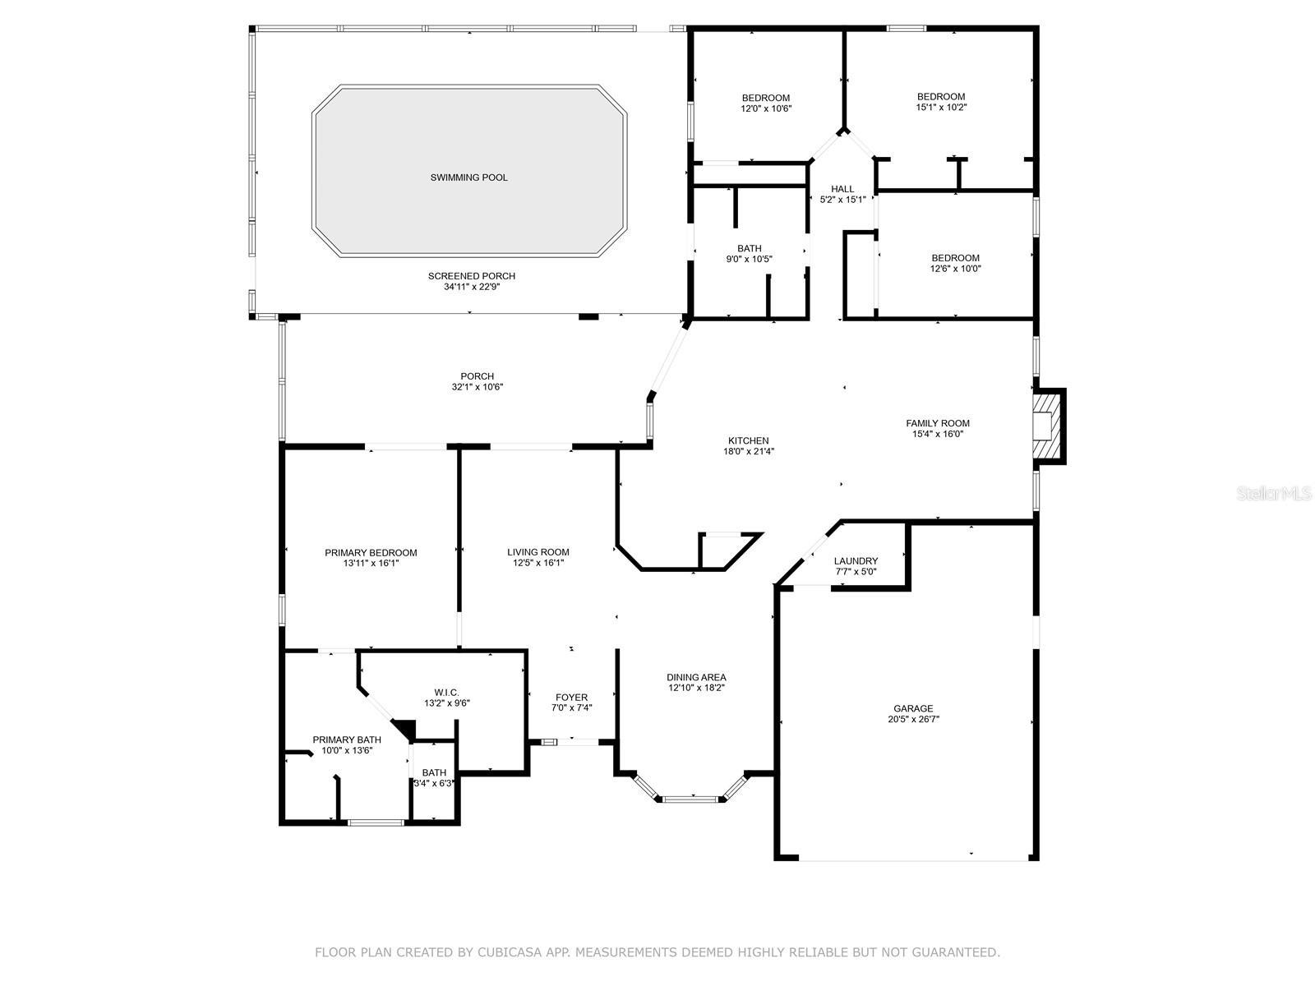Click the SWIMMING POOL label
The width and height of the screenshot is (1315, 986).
point(468,177)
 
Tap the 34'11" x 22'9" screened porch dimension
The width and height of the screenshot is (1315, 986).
point(472,287)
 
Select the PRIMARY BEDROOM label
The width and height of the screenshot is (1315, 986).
point(371,552)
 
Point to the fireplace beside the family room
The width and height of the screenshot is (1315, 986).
point(1049,426)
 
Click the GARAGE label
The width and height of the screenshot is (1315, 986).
point(913,708)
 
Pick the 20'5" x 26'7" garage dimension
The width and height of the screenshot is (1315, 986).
point(913,719)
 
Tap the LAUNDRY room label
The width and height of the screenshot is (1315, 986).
point(856,561)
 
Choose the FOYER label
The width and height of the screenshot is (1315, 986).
point(571,698)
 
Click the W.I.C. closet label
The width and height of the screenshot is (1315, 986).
point(447,693)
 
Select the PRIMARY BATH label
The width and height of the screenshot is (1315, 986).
point(347,740)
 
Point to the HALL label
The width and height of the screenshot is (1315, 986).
point(842,189)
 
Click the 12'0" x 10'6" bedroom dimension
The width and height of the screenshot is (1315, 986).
point(766,108)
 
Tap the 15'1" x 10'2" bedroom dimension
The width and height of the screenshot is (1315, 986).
point(941,107)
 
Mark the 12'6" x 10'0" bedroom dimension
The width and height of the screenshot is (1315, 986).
point(956,269)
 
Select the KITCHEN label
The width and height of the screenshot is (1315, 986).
point(748,440)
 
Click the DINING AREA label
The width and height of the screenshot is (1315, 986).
point(696,677)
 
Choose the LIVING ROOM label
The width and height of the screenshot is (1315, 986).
point(538,552)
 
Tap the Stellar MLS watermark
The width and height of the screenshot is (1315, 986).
point(1274,493)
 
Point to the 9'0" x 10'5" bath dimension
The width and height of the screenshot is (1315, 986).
point(749,259)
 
